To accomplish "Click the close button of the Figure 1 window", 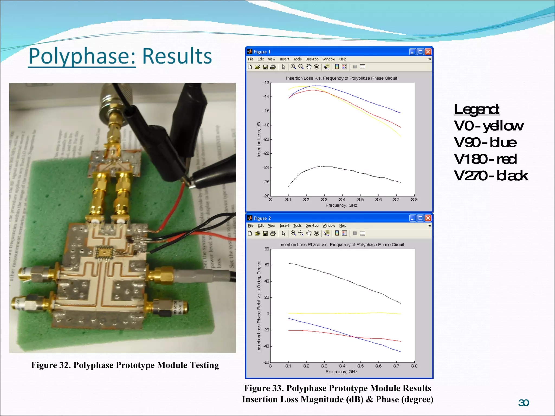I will [428, 52].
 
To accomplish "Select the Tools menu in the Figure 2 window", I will [297, 226].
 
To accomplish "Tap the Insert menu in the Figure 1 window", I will [284, 59].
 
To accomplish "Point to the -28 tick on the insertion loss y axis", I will [266, 196].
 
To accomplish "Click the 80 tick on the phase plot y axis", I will [267, 249].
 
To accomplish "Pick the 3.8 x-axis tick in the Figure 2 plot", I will [414, 366].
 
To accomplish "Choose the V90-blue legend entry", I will [485, 142].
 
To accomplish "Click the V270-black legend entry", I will [491, 176].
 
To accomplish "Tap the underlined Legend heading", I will [476, 109].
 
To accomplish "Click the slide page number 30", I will [523, 403].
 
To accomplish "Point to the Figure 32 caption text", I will [125, 365].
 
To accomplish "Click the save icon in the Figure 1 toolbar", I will [265, 67].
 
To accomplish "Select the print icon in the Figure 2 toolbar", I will [273, 233].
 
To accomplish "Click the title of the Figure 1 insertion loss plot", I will [341, 78].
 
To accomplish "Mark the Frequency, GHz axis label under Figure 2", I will [341, 372].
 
